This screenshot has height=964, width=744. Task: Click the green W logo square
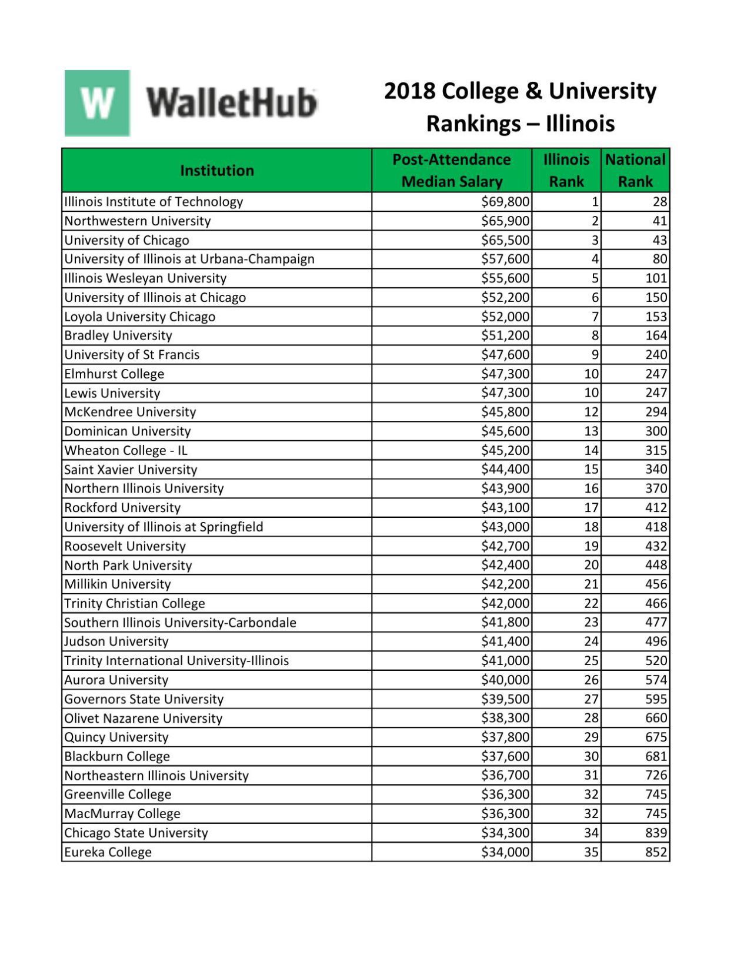click(x=97, y=103)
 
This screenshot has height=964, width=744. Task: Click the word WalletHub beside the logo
click(x=231, y=103)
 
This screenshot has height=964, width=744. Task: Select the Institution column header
click(x=216, y=171)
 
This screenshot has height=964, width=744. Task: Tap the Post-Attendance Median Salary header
click(x=451, y=171)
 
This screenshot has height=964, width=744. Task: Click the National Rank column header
click(x=635, y=171)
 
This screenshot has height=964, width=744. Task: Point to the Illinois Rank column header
click(x=566, y=171)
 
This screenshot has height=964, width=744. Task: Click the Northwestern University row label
click(x=138, y=221)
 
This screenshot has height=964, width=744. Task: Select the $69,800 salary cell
click(x=505, y=202)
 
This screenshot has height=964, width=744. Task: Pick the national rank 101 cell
click(x=656, y=278)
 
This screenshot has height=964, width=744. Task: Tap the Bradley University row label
click(x=118, y=335)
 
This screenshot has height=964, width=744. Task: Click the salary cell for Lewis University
click(x=505, y=393)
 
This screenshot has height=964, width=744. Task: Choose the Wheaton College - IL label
click(x=126, y=450)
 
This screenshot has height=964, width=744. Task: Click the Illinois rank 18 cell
click(x=590, y=527)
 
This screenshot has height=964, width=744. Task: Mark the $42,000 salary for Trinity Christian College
click(x=505, y=603)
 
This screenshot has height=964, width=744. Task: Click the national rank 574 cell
click(x=656, y=680)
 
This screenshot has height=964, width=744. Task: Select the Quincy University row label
click(x=116, y=737)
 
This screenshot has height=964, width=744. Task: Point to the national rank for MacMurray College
click(x=656, y=814)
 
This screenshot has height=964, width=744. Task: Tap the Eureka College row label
click(x=108, y=852)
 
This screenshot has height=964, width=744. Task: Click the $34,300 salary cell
click(x=505, y=833)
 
